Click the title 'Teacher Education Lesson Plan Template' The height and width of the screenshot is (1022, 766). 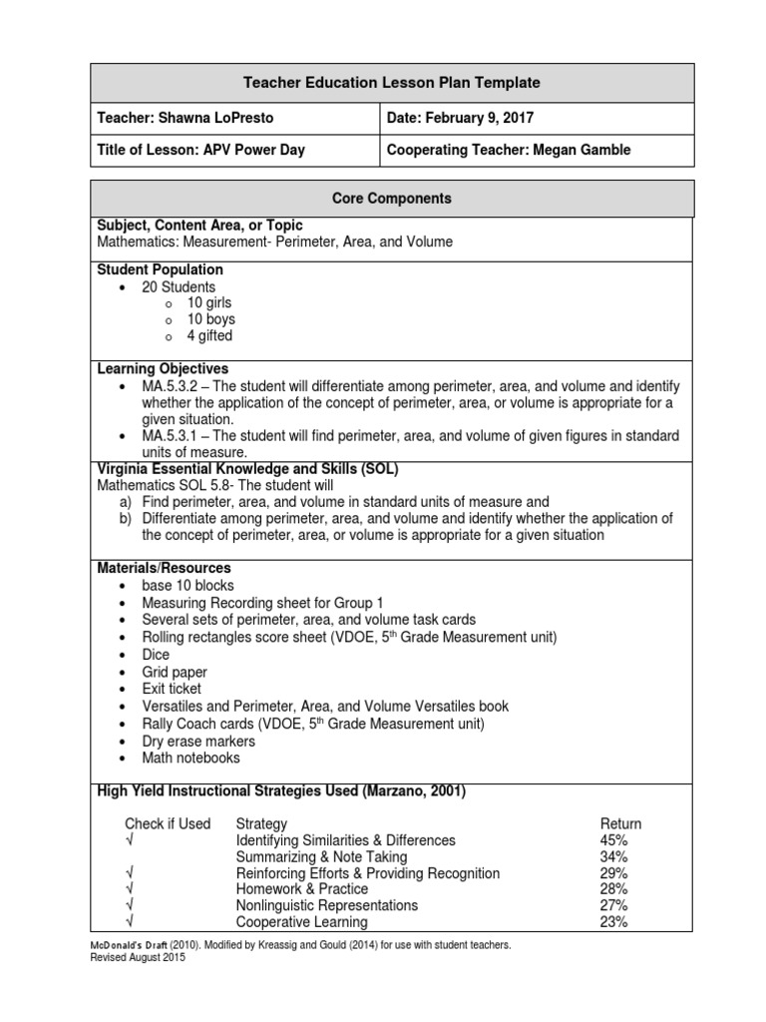click(x=392, y=83)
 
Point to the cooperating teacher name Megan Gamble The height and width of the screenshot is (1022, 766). click(x=588, y=150)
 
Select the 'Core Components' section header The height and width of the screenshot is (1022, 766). click(x=392, y=199)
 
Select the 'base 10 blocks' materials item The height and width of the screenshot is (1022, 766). click(x=189, y=585)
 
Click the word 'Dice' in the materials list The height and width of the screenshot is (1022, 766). click(x=157, y=655)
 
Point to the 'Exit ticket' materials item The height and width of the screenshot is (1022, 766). click(x=172, y=689)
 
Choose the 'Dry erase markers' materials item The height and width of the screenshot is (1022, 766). click(x=198, y=742)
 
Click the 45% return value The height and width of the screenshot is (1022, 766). click(x=614, y=840)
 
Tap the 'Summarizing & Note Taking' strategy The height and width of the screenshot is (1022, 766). click(x=321, y=856)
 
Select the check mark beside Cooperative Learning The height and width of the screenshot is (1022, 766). click(x=130, y=922)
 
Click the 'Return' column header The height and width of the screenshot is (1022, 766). click(x=620, y=823)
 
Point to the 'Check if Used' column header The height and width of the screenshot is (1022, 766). click(x=168, y=823)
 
